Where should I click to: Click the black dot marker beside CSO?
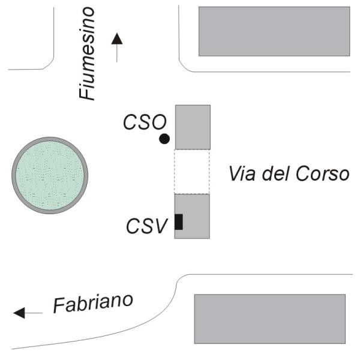point(164,139)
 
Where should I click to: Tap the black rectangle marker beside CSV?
point(179,222)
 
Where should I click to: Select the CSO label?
point(145,122)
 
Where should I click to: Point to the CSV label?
point(147,226)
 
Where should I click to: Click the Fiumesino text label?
point(87,53)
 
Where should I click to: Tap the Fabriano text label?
point(93,304)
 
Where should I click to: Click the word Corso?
point(322,173)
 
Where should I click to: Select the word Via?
point(242,173)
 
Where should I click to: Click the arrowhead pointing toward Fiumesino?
point(117,38)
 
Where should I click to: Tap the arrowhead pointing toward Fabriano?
point(19,313)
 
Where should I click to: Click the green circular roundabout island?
point(50,175)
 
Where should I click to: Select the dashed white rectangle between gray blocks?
point(192,172)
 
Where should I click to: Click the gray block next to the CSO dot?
point(193,127)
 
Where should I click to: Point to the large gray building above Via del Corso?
point(274,31)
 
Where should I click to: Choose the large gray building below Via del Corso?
point(270,319)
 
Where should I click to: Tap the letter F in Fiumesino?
point(87,92)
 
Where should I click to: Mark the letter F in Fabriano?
point(59,306)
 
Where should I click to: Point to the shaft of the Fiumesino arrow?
point(117,53)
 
